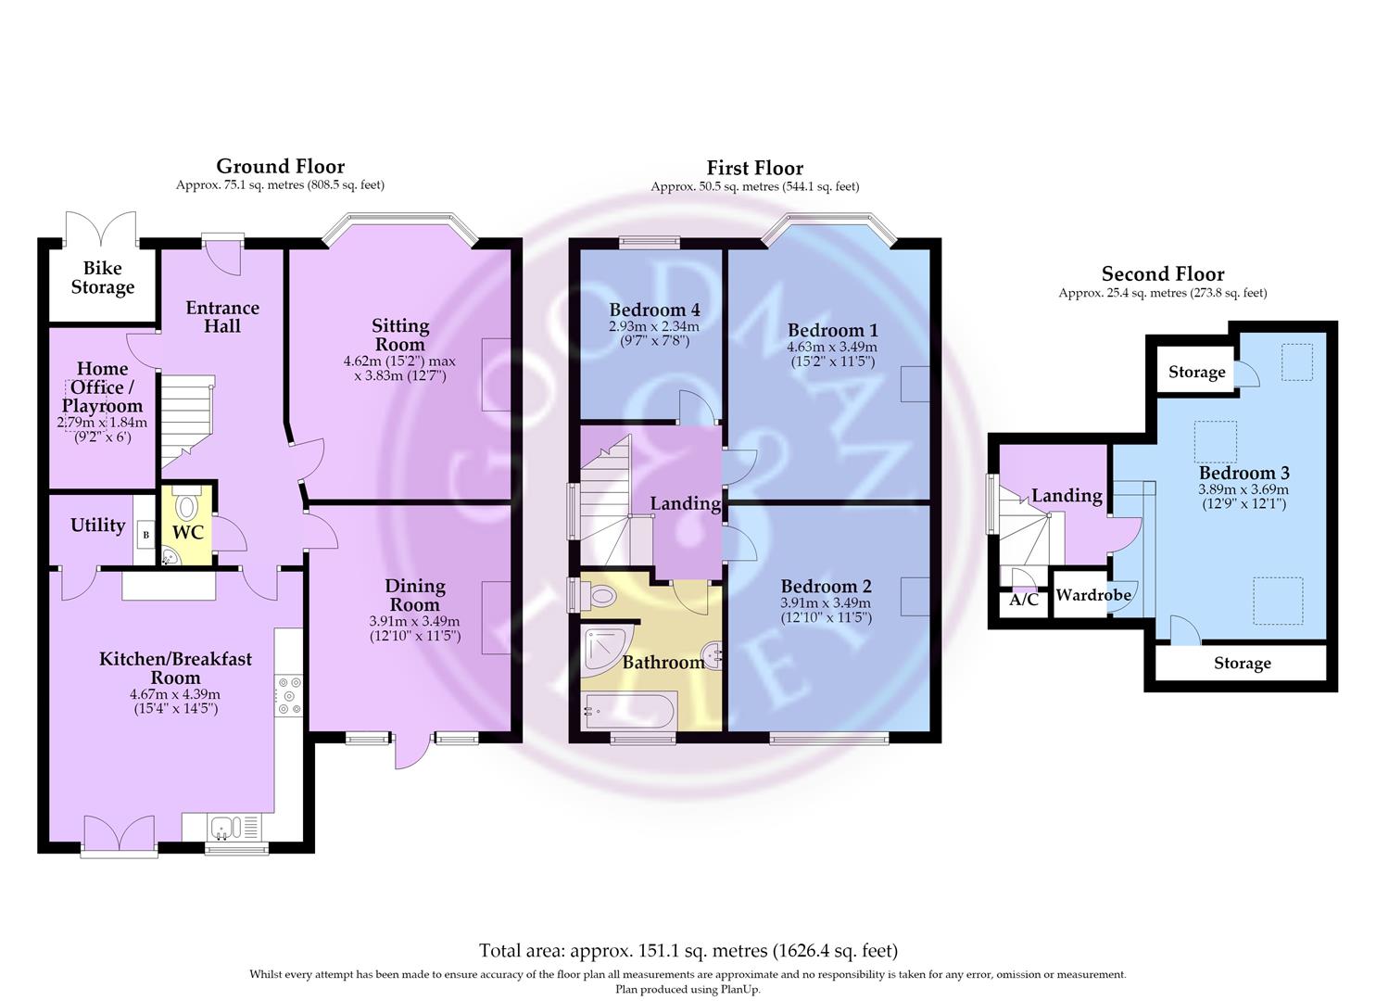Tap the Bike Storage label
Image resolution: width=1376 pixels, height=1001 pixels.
point(103,278)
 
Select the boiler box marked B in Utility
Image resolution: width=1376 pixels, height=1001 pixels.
point(145,534)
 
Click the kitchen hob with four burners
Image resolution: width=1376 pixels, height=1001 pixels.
point(289,695)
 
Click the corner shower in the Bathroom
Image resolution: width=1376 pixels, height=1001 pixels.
point(605,649)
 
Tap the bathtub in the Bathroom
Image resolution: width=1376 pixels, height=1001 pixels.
point(629,711)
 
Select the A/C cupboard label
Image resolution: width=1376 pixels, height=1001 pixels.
point(1023,599)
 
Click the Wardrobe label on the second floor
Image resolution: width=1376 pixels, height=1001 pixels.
point(1093,595)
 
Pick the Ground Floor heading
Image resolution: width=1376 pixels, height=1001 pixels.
point(280,166)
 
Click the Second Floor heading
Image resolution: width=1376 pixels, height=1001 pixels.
point(1162,273)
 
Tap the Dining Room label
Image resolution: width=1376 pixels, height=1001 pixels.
point(415,595)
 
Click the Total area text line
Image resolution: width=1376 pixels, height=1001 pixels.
point(688,951)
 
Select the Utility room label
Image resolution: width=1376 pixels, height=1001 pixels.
point(97,526)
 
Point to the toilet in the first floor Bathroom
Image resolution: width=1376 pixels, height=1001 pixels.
point(598,595)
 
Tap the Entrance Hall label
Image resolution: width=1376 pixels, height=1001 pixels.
point(222,316)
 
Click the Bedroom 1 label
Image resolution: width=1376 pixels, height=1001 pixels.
point(832,330)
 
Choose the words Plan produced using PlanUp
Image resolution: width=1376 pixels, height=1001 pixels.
point(688,989)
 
